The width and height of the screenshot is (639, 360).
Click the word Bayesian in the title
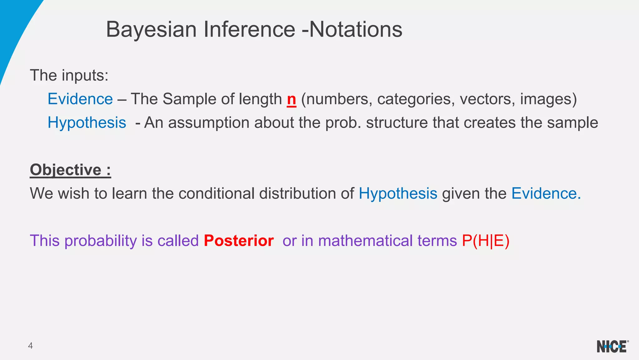click(151, 30)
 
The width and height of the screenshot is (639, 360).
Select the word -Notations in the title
click(352, 30)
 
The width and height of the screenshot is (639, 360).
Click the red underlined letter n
click(291, 99)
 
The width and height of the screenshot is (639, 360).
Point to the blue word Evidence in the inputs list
click(80, 99)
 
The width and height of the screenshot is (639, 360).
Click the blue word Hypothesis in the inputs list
click(87, 123)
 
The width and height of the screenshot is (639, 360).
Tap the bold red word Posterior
click(239, 241)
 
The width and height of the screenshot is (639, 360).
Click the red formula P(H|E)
click(485, 241)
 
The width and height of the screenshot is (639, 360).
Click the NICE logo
click(612, 346)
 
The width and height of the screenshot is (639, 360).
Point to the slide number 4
click(30, 346)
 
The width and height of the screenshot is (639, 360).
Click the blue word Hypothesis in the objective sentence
click(398, 194)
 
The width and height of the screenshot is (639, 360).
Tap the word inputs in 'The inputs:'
click(85, 76)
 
